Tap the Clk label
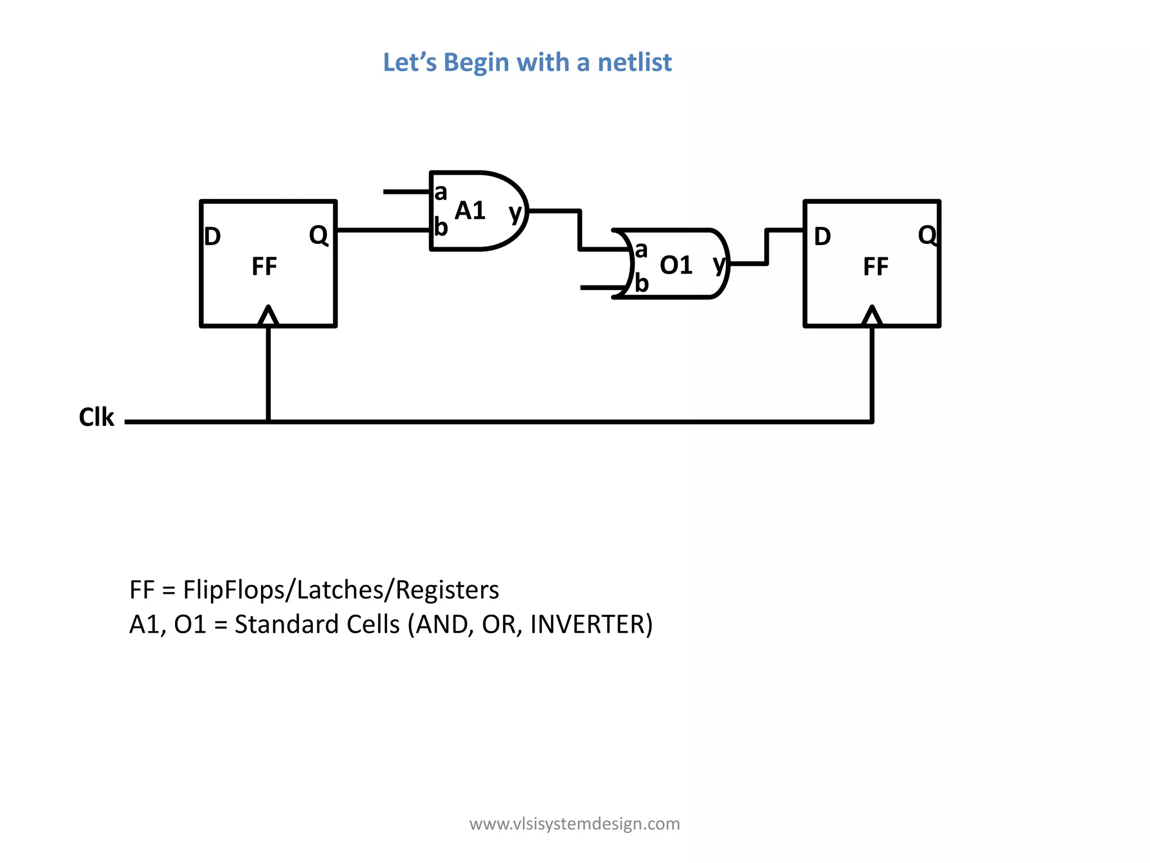pyautogui.click(x=97, y=417)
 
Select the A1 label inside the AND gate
pyautogui.click(x=470, y=211)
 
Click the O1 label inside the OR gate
pyautogui.click(x=676, y=265)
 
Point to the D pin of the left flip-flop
pyautogui.click(x=212, y=237)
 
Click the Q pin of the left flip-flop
pyautogui.click(x=318, y=235)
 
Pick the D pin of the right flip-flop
pyautogui.click(x=822, y=237)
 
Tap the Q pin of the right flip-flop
pyautogui.click(x=927, y=235)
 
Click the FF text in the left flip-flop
pyautogui.click(x=264, y=266)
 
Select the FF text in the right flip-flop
pyautogui.click(x=875, y=266)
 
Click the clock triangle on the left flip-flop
pyautogui.click(x=268, y=317)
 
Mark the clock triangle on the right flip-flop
pyautogui.click(x=872, y=317)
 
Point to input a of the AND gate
pyautogui.click(x=441, y=193)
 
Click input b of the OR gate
pyautogui.click(x=642, y=284)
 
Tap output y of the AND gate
pyautogui.click(x=515, y=213)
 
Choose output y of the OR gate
pyautogui.click(x=719, y=264)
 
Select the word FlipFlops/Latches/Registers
pyautogui.click(x=341, y=590)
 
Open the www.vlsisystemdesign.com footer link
pyautogui.click(x=574, y=824)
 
